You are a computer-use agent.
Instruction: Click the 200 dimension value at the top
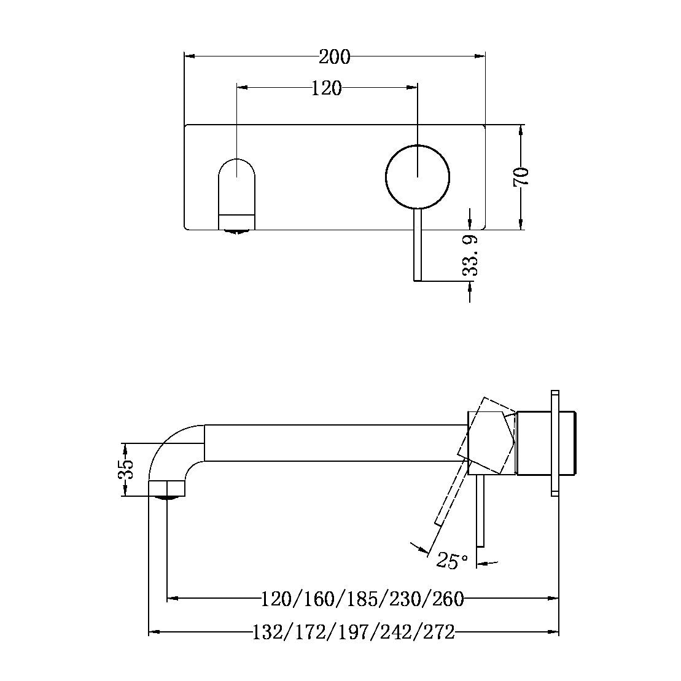coord(335,57)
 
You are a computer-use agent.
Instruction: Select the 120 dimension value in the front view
coord(326,88)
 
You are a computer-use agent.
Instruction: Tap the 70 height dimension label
coord(521,177)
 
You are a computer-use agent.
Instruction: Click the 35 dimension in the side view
coord(125,469)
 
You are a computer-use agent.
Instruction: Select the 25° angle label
coord(452,561)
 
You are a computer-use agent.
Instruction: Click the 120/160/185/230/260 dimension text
coord(362,598)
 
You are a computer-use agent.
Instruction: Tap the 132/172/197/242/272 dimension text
coord(354,632)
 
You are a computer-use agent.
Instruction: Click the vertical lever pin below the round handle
coord(418,246)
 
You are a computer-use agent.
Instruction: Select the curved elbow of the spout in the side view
coord(175,448)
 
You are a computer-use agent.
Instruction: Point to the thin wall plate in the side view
coord(555,442)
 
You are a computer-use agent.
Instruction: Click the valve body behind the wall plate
coord(569,443)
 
